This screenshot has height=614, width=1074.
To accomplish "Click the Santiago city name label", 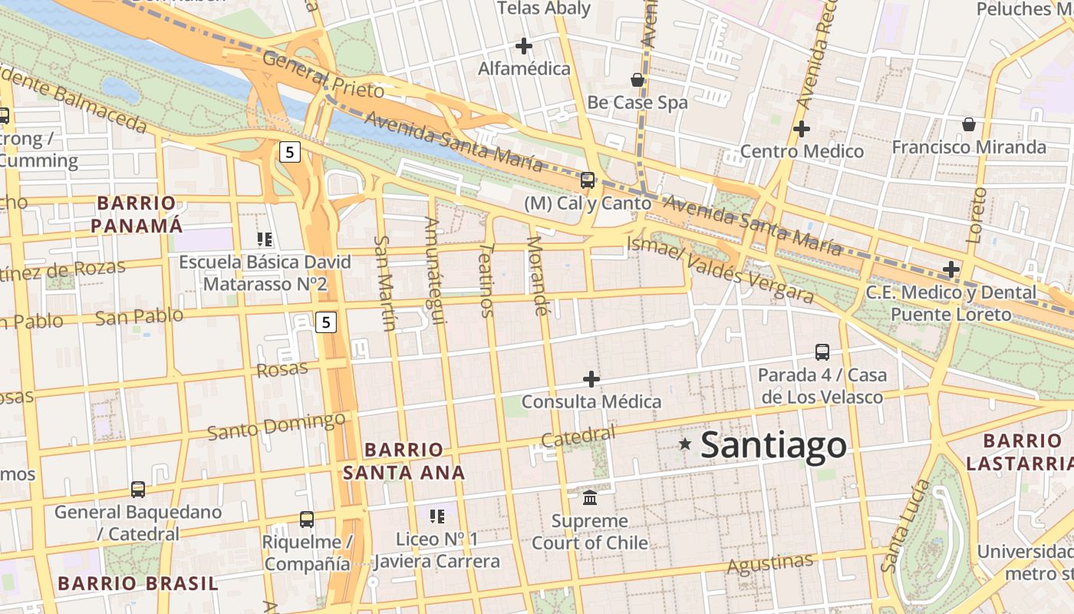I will pos(773,445).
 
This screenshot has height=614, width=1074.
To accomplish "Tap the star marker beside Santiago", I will pos(685,444).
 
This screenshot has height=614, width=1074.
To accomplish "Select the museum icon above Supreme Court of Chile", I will pos(590,498).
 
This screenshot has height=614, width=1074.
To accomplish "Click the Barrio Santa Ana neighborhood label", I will pos(404,460).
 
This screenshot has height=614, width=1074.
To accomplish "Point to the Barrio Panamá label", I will pos(137,214).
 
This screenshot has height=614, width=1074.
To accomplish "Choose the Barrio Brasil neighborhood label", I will pos(138,583).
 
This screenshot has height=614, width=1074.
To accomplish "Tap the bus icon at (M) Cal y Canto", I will pos(588,180).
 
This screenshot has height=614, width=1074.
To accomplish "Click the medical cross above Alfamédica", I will pos(524,47).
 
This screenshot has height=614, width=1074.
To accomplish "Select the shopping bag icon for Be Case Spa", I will pos(637,80).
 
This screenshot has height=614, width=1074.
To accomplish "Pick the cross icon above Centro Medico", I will pos(802,129).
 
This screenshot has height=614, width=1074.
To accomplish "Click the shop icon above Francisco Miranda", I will pos(969,124).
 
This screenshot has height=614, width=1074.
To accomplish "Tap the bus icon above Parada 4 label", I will pos(822,352).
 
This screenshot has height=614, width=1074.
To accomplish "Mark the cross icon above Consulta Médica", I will pos(591,379).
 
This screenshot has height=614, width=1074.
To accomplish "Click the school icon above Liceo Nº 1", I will pos(437,517).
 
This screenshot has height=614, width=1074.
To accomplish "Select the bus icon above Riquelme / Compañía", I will pos(307,520).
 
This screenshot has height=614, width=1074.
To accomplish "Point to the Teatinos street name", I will pos(486,280).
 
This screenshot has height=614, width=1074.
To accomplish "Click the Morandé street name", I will pos(538,276).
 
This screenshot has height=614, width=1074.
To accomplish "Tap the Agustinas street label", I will pos(769,564).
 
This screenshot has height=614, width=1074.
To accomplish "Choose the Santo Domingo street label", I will pos(276,425).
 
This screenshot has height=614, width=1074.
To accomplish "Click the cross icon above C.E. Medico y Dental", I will pos(951,269).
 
